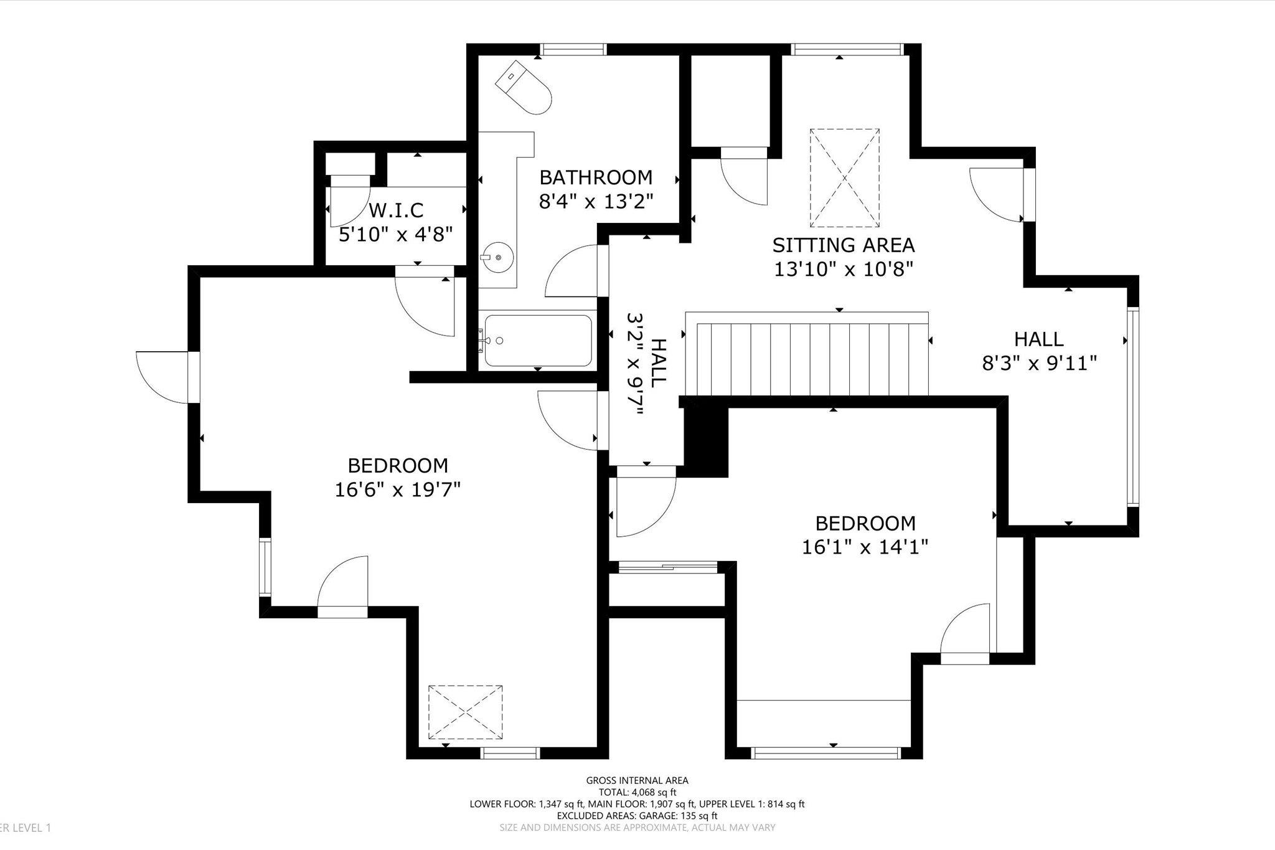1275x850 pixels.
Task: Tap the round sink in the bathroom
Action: [497, 257]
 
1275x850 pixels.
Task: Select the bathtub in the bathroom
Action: [538, 341]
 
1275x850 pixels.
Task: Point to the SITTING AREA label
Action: [844, 245]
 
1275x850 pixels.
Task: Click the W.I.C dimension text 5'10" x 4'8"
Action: [395, 235]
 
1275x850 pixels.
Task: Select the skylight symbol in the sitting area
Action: [845, 177]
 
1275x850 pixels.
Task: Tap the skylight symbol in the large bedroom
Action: [465, 712]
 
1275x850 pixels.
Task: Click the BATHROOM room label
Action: [596, 177]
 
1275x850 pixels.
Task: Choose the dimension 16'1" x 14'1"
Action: [865, 547]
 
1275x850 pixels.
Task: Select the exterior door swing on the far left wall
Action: [163, 377]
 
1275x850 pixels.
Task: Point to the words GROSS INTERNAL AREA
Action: [637, 780]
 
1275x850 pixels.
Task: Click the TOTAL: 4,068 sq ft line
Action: [637, 792]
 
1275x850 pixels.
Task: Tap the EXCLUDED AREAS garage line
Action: [637, 816]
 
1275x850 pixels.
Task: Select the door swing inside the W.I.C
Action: [349, 205]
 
